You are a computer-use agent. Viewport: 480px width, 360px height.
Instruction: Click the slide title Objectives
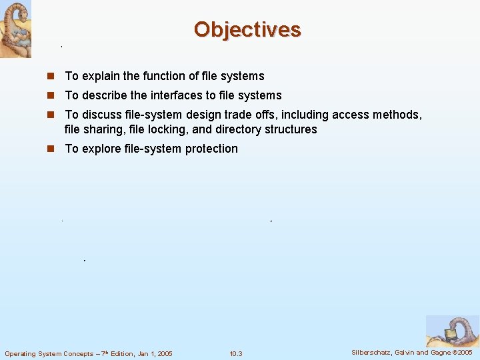[247, 29]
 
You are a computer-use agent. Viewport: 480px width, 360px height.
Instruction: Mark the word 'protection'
[211, 149]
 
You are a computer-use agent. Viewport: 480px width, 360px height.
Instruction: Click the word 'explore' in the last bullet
[101, 149]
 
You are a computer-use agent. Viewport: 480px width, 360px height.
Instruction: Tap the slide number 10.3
[236, 353]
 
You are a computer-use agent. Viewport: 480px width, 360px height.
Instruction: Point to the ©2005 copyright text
[462, 352]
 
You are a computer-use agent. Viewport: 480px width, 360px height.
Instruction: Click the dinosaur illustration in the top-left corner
[15, 29]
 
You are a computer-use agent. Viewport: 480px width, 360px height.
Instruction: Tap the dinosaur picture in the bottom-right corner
[452, 331]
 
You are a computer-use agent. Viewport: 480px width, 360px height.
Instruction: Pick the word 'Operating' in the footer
[21, 353]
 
